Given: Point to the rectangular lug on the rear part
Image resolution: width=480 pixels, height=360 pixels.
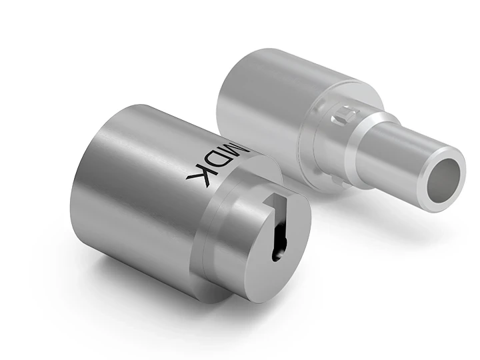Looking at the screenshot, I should (x=341, y=115).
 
